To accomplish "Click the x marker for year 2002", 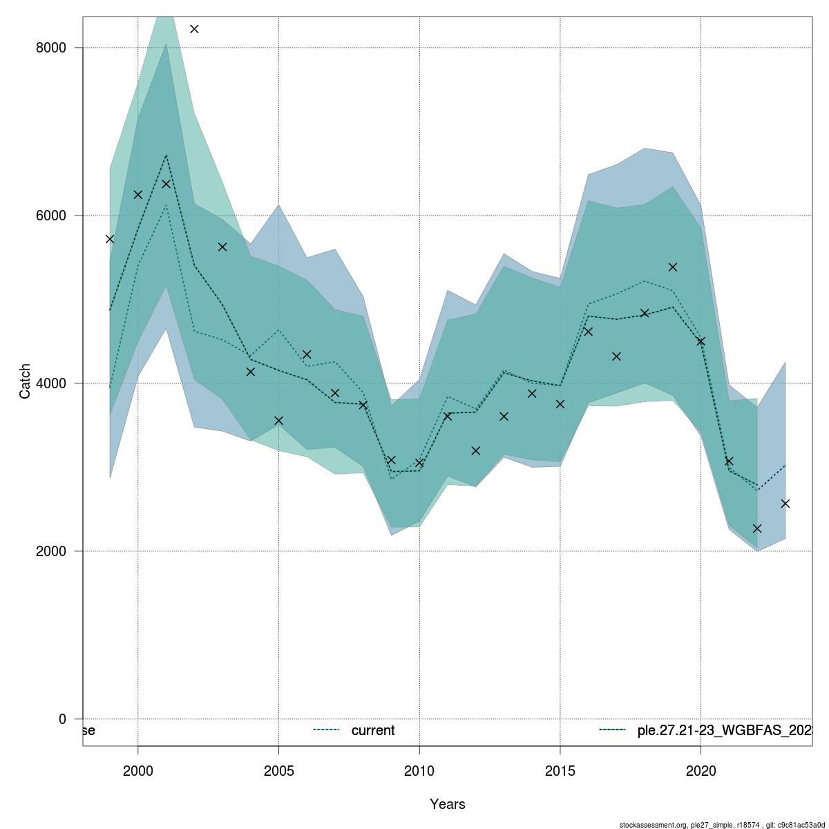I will [x=194, y=28].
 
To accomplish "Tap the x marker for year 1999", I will [x=110, y=239].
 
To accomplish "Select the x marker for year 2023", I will [x=785, y=504].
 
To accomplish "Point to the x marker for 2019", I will [x=673, y=267].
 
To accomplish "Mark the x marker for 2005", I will [x=278, y=420].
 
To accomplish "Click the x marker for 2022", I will [x=757, y=528].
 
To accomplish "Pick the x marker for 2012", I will [x=475, y=450].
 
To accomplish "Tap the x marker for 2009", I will [x=391, y=460].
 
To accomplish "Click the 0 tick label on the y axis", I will [x=62, y=719].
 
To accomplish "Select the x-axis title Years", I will [x=447, y=804].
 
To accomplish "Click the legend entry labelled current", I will [x=372, y=730].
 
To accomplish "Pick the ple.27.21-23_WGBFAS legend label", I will [x=723, y=730].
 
